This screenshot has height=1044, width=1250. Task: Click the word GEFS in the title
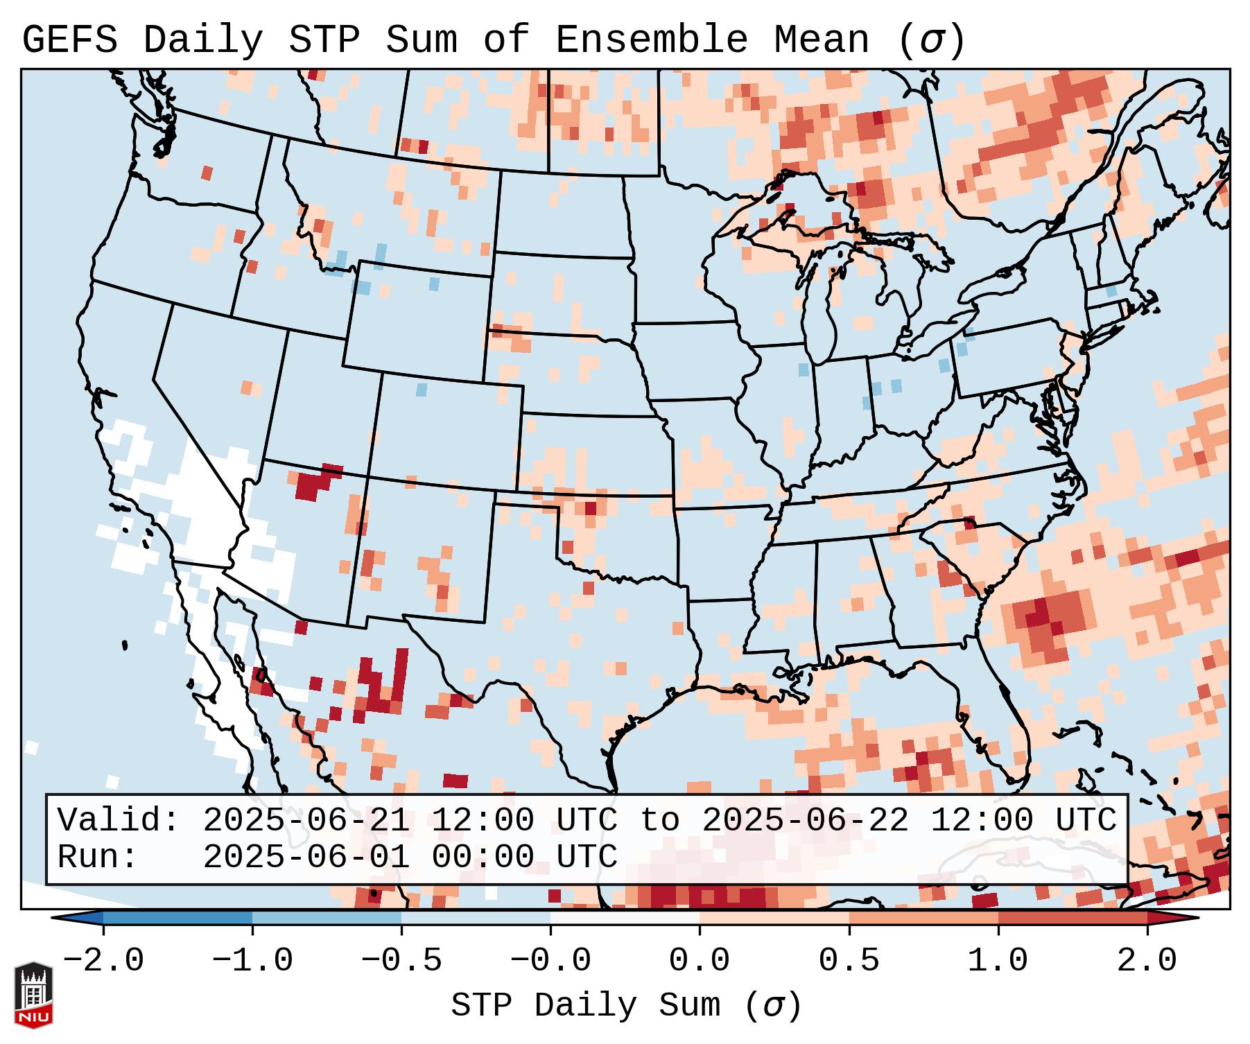tap(69, 40)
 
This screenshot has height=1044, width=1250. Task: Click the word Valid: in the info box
tap(118, 820)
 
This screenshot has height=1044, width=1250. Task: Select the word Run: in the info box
tap(97, 857)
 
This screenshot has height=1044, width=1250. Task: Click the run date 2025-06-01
tap(306, 857)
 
